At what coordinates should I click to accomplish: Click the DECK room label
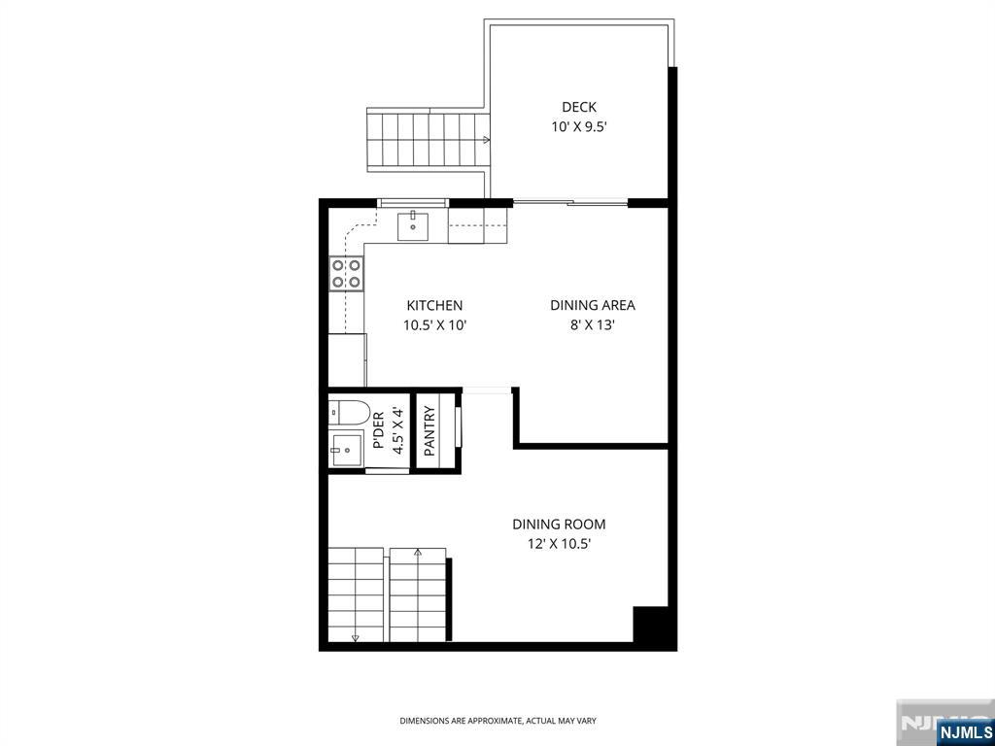click(x=579, y=107)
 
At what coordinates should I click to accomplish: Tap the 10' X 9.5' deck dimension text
click(x=579, y=127)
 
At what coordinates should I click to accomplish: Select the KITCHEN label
click(x=434, y=305)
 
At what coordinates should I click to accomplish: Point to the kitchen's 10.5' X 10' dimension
click(x=434, y=326)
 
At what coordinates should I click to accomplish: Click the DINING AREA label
click(x=592, y=305)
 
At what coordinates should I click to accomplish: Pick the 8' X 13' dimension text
click(x=593, y=326)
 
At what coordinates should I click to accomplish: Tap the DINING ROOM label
click(x=559, y=525)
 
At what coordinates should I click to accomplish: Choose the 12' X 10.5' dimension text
click(x=559, y=544)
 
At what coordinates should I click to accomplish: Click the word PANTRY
click(x=429, y=430)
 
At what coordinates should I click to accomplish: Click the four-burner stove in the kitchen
click(x=347, y=273)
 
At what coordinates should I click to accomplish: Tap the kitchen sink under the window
click(x=412, y=226)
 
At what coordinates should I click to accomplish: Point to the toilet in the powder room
click(x=349, y=413)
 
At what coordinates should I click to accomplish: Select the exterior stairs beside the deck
click(x=429, y=141)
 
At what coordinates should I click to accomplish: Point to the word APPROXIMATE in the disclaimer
click(x=497, y=721)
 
